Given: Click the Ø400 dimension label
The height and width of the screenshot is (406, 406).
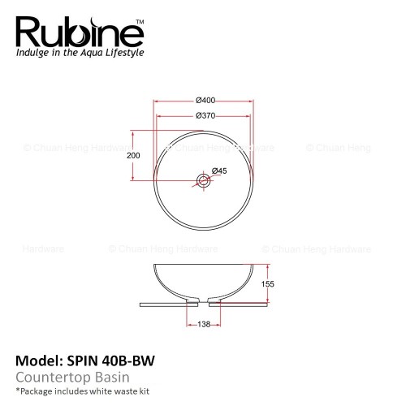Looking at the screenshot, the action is (205, 101).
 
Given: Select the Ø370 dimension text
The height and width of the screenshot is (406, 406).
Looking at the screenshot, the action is (205, 116).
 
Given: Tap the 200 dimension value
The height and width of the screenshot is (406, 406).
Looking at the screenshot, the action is (133, 155).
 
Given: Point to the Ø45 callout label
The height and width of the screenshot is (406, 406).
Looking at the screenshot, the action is (219, 171).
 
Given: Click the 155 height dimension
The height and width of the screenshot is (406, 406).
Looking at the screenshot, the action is (267, 284).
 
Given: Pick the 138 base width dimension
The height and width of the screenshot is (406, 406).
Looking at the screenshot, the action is (204, 324).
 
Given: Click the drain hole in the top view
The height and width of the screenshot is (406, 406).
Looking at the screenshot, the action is (203, 180).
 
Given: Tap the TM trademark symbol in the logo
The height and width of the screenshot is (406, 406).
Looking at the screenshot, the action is (140, 22).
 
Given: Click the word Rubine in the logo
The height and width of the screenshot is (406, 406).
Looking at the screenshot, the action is (80, 32).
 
